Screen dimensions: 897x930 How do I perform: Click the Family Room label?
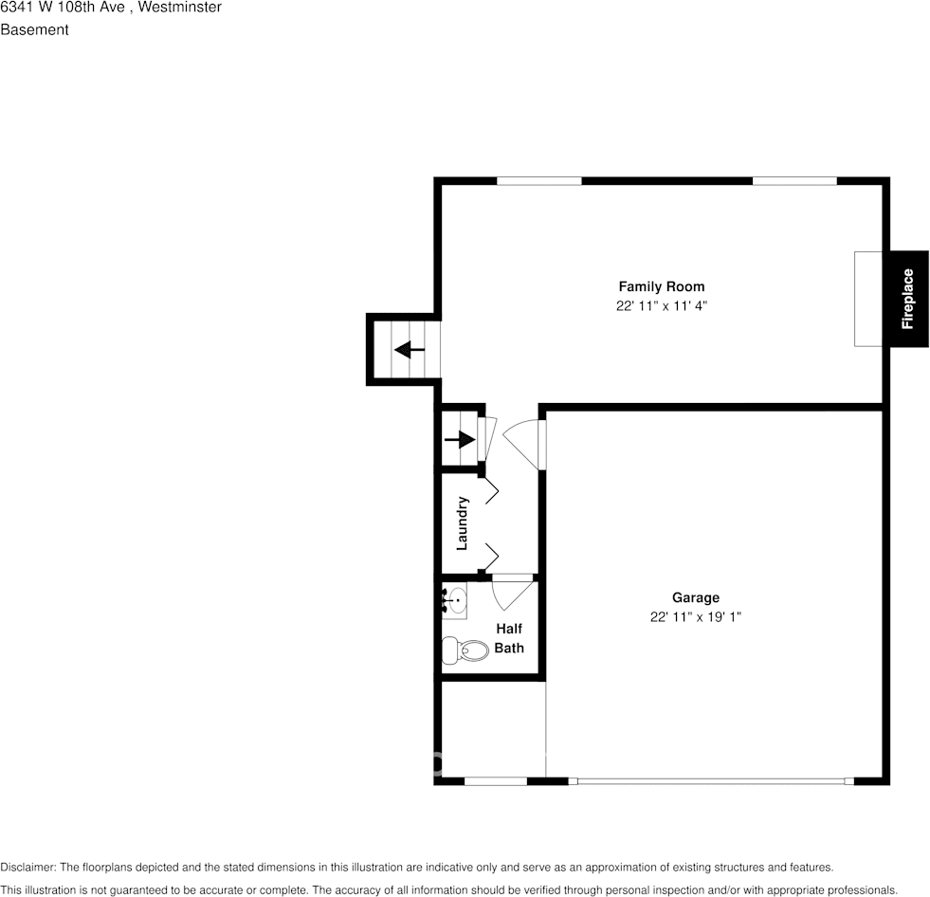click(661, 286)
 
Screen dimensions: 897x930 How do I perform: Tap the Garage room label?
click(695, 597)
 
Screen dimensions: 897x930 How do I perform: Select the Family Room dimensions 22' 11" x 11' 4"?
click(661, 306)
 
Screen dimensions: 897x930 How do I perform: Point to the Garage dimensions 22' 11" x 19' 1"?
click(695, 617)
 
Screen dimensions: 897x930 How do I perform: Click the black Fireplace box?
click(907, 299)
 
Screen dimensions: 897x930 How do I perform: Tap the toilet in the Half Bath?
click(464, 650)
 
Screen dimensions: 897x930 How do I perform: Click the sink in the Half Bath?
click(455, 601)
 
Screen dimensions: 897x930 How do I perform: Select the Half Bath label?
click(508, 638)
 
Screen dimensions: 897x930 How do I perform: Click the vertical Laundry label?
click(463, 523)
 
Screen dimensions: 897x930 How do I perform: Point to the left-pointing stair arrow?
click(410, 349)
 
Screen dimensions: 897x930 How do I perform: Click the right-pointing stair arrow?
click(461, 440)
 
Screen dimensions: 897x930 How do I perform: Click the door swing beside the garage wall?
click(523, 442)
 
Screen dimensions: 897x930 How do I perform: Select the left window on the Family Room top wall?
click(538, 180)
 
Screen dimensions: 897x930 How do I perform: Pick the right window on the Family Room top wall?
click(793, 180)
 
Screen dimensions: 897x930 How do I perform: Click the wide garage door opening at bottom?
click(711, 781)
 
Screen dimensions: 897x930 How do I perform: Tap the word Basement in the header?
click(34, 29)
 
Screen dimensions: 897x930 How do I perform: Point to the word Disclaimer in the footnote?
click(27, 867)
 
